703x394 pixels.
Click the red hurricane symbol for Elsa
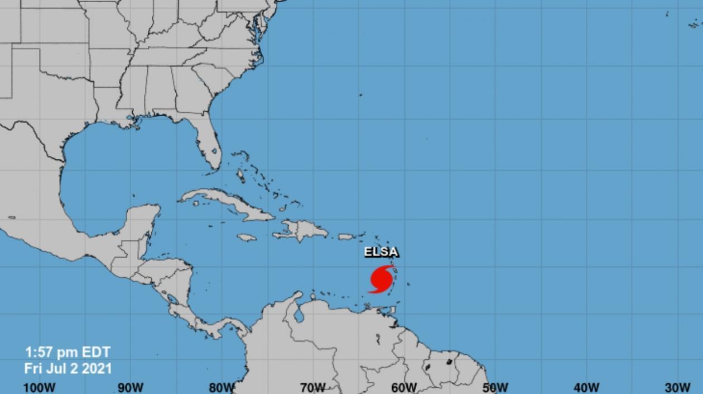[x=381, y=279]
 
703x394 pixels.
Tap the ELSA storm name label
[x=381, y=252]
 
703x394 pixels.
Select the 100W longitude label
[x=40, y=387]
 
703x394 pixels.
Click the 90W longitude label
[x=131, y=387]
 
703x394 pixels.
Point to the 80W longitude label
[x=222, y=387]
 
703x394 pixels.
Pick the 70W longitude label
[x=312, y=387]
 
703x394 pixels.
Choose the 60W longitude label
[x=403, y=387]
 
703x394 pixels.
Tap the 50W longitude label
[x=495, y=387]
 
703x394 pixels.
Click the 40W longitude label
[x=586, y=387]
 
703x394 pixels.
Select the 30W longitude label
[x=677, y=387]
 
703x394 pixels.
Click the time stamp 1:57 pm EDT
[x=68, y=352]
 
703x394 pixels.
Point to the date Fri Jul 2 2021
[x=68, y=368]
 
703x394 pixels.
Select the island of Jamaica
[x=247, y=238]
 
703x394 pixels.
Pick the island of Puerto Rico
[x=346, y=237]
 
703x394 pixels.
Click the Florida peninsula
[x=208, y=143]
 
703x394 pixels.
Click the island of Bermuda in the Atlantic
[x=360, y=95]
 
